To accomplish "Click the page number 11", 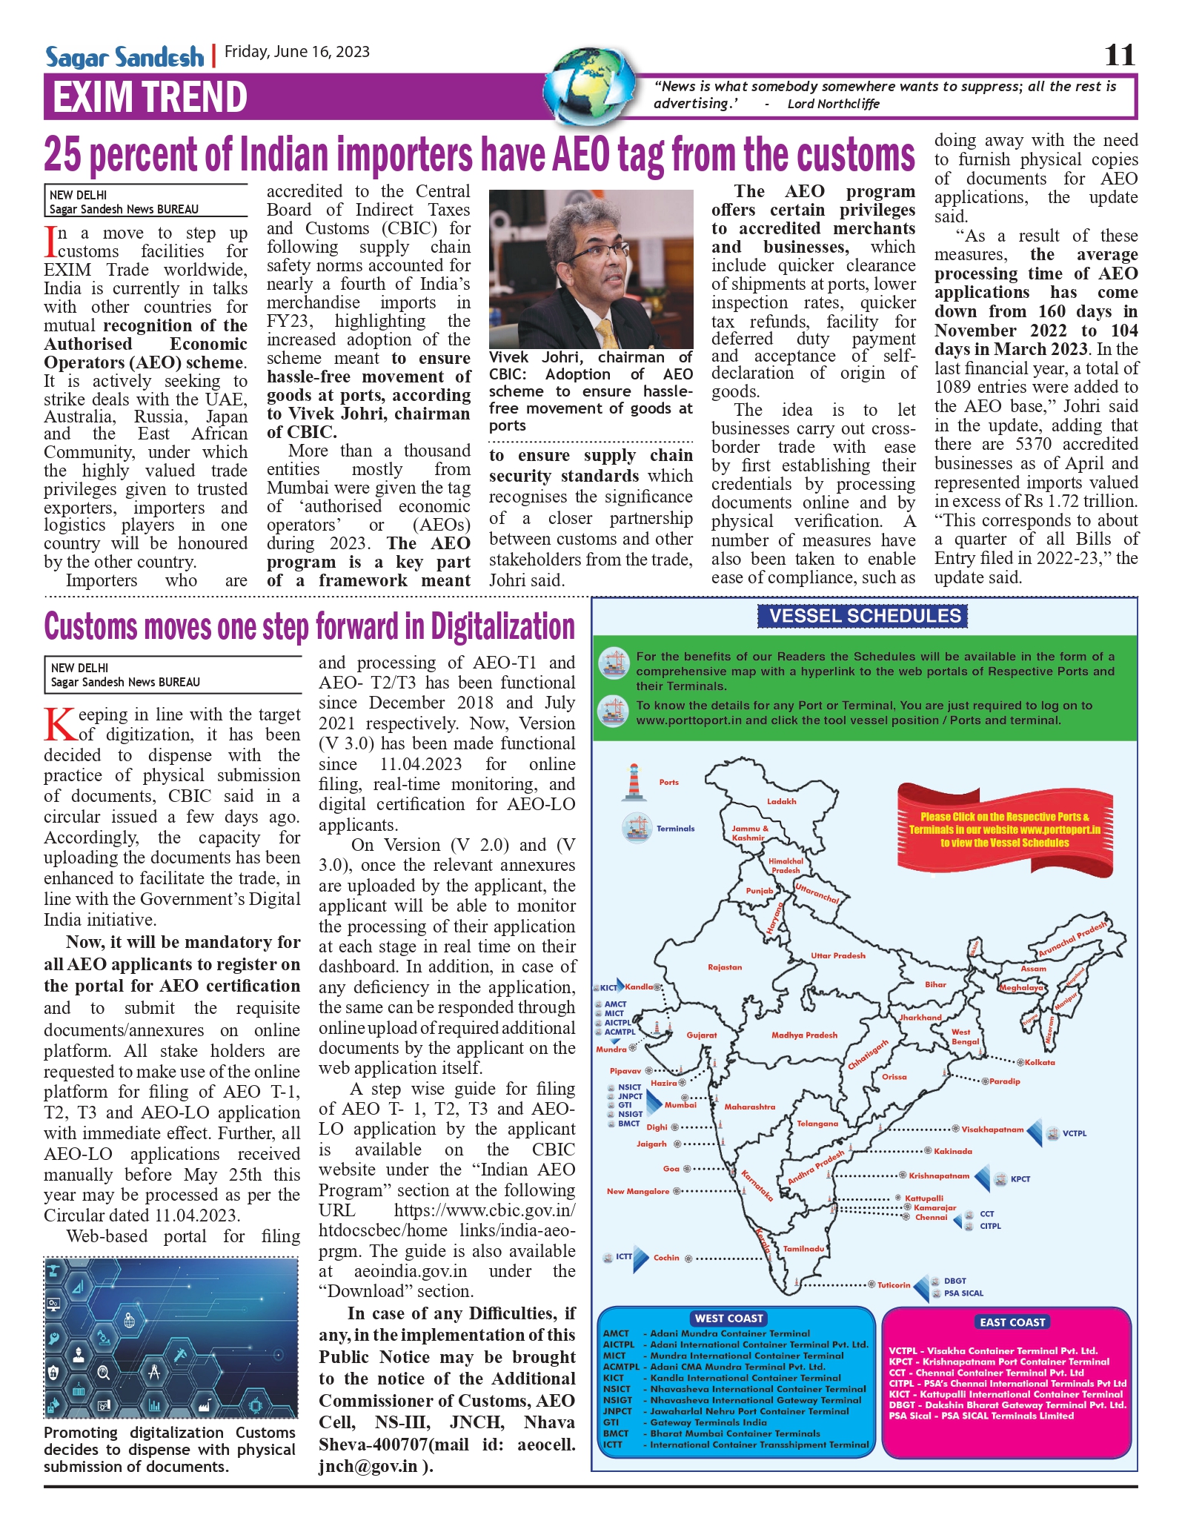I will [x=1119, y=55].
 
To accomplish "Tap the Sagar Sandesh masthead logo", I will [x=124, y=57].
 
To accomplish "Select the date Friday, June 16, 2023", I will [x=297, y=52].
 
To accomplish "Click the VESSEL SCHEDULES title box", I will [x=864, y=616].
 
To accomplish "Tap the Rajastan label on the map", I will [x=724, y=967].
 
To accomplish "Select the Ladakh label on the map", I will [x=781, y=801].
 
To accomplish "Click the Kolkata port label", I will [x=1039, y=1062].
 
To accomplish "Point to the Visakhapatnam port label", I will [x=992, y=1130].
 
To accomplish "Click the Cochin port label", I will [x=665, y=1257].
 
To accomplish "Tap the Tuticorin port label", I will [x=893, y=1284].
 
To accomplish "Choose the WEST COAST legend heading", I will [x=728, y=1318].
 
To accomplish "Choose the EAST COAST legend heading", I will [x=1012, y=1322].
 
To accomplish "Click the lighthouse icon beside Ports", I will [x=633, y=782].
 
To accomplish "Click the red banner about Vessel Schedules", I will [x=1004, y=829].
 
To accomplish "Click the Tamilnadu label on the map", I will [x=803, y=1248].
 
